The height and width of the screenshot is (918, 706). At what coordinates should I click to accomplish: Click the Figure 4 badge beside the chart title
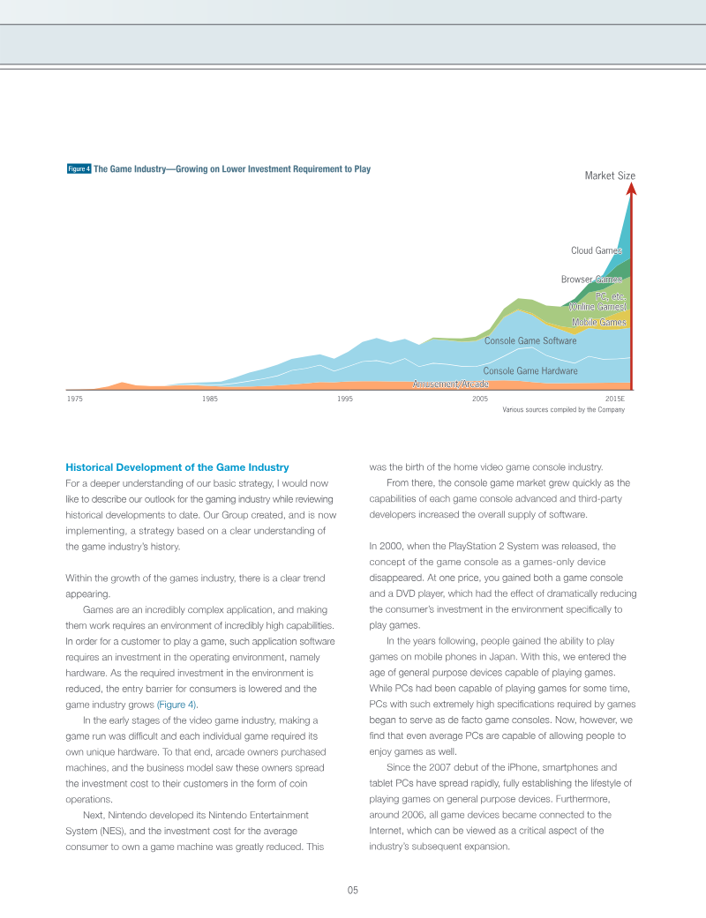(x=79, y=168)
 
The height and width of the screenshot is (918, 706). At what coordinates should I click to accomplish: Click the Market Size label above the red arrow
(x=610, y=175)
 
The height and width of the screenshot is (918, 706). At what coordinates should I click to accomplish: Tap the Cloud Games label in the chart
(x=597, y=250)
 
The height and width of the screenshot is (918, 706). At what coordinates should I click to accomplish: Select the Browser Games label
(x=591, y=280)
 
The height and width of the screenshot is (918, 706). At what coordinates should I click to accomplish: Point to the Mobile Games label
(x=598, y=323)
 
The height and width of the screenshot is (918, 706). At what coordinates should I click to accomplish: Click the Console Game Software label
(x=530, y=340)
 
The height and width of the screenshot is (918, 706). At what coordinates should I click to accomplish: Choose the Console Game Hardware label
(x=530, y=371)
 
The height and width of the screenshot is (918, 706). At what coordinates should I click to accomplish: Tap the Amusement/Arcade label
(x=451, y=384)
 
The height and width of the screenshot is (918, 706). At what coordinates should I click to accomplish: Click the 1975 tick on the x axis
(x=75, y=399)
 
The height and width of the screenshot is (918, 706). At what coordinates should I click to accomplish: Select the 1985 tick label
(x=210, y=399)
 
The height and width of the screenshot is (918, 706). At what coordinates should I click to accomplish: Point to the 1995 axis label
(x=345, y=399)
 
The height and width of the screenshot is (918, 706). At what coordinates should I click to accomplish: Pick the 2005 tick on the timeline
(x=480, y=399)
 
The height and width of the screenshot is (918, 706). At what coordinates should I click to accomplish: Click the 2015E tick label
(x=615, y=399)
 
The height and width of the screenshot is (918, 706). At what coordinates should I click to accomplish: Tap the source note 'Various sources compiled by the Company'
(x=563, y=410)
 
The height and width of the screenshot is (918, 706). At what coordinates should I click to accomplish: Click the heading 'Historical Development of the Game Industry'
(x=177, y=466)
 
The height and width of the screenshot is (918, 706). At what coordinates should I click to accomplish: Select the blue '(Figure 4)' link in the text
(x=177, y=705)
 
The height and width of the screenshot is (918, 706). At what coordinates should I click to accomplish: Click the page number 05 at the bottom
(x=352, y=890)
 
